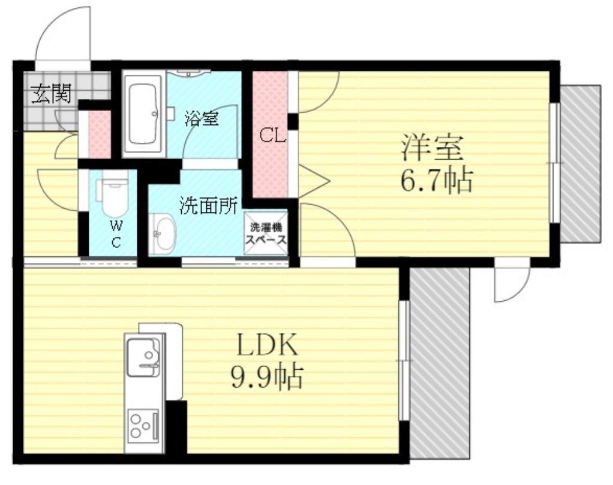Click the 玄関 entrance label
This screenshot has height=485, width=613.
[x=52, y=93]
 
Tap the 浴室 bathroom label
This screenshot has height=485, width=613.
[x=201, y=118]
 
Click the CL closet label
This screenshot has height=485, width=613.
[x=272, y=137]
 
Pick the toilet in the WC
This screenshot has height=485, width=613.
[x=114, y=195]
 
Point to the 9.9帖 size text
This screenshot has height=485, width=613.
[x=266, y=377]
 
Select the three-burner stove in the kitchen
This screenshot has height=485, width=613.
[x=143, y=425]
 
